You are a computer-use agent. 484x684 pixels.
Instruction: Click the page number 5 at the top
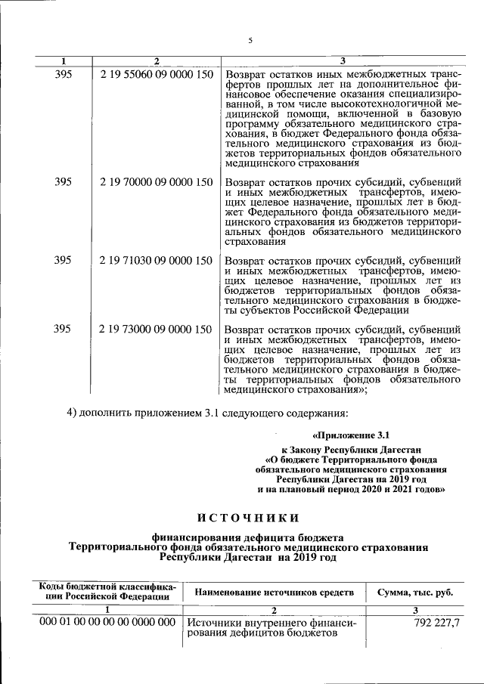pos(249,41)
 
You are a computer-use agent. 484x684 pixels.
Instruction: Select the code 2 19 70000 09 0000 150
pos(155,181)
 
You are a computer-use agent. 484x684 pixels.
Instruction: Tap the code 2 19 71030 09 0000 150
pos(155,260)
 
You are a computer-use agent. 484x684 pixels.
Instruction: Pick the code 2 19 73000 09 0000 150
pos(155,329)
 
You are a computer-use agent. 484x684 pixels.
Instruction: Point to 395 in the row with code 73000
pos(64,329)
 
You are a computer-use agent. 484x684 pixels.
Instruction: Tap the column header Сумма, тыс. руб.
pos(415,591)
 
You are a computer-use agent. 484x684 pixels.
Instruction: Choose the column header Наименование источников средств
pos(274,591)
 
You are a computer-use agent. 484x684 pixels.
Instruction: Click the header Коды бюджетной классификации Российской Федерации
pos(107,591)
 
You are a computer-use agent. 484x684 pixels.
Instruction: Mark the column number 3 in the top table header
pos(343,60)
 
